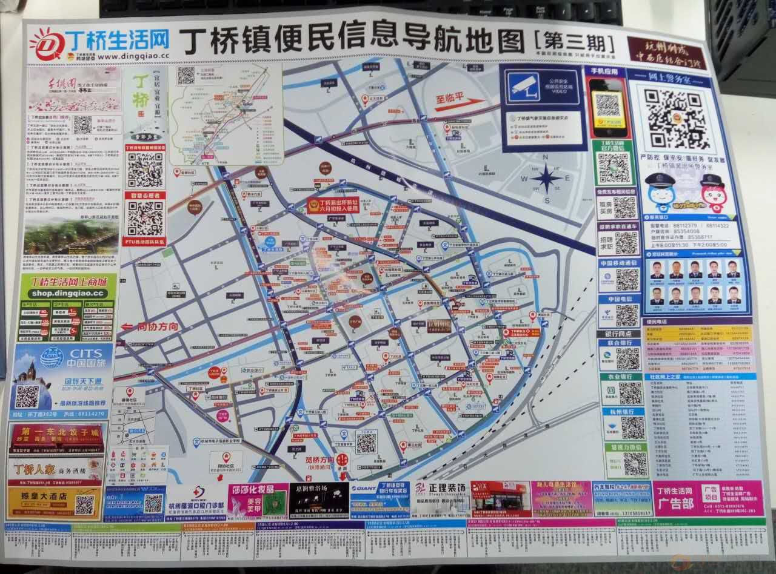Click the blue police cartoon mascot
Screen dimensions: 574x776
tap(660, 192)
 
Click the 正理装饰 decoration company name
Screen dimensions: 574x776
tap(447, 489)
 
